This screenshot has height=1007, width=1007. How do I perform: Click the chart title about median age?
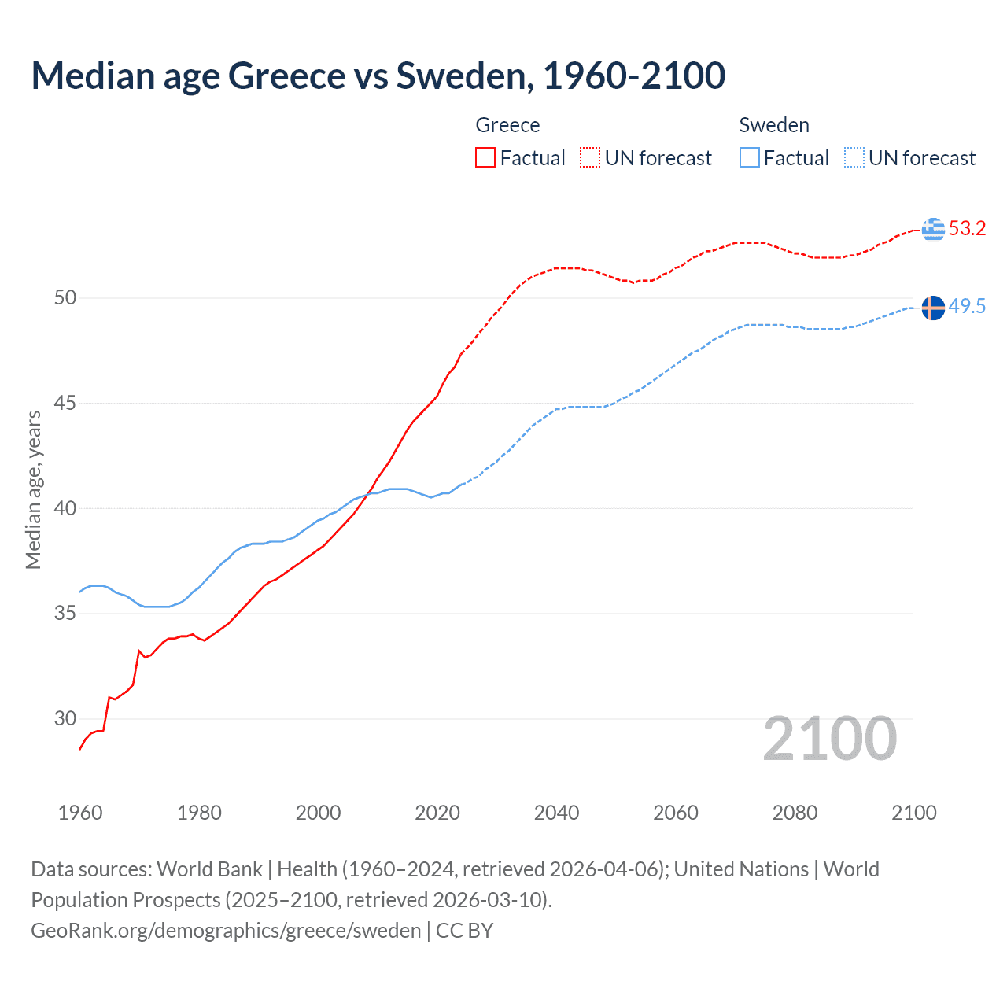coord(378,76)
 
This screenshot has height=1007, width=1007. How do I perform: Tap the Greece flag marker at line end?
coord(933,229)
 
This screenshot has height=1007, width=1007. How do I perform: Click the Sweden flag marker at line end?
coord(933,308)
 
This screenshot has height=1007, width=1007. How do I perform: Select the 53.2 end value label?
coord(967,229)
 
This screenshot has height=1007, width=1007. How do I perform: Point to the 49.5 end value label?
coord(967,307)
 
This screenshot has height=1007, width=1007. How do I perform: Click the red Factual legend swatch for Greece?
coord(485,157)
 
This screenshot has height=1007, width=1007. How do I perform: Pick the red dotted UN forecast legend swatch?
coord(590,157)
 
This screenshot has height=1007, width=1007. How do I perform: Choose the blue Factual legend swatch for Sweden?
coord(749,157)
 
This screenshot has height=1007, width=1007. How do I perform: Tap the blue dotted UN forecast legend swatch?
coord(854,157)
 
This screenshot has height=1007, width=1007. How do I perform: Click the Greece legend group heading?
coord(507,125)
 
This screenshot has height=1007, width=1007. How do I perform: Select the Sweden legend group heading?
coord(774,125)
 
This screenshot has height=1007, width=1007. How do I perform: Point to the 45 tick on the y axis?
coord(65,404)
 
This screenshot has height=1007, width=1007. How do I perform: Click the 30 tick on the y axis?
coord(65,718)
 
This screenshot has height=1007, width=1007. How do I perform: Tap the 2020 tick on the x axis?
coord(437,813)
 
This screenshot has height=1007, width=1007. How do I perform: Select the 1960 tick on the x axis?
coord(80,813)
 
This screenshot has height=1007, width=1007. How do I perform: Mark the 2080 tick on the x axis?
coord(795,813)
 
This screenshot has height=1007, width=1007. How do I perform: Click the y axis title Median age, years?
coord(34,489)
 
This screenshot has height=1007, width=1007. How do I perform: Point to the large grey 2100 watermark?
coord(829,739)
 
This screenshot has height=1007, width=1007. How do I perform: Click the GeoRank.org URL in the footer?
coord(226,931)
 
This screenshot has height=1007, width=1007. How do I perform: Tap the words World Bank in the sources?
coord(209,869)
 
